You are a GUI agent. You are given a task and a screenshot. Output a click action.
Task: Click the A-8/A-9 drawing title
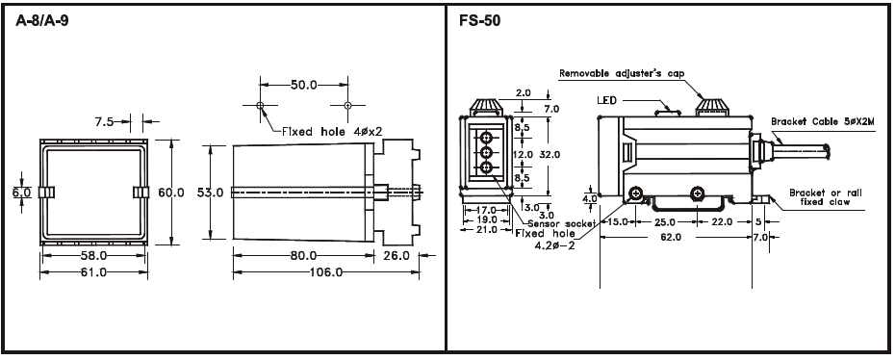42,22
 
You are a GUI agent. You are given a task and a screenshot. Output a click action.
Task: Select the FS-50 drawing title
479,22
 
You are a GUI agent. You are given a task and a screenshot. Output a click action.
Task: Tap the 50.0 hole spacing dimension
304,85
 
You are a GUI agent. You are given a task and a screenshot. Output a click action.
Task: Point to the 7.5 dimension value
105,121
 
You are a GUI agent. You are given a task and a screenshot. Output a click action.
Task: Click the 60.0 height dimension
171,193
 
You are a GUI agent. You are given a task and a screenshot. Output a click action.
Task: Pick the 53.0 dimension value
210,193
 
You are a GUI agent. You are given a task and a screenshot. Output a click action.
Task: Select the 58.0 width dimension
93,256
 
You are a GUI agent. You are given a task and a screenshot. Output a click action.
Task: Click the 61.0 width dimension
93,272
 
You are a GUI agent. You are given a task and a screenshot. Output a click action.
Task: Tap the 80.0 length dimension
304,256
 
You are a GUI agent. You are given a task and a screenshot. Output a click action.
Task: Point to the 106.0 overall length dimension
326,272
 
